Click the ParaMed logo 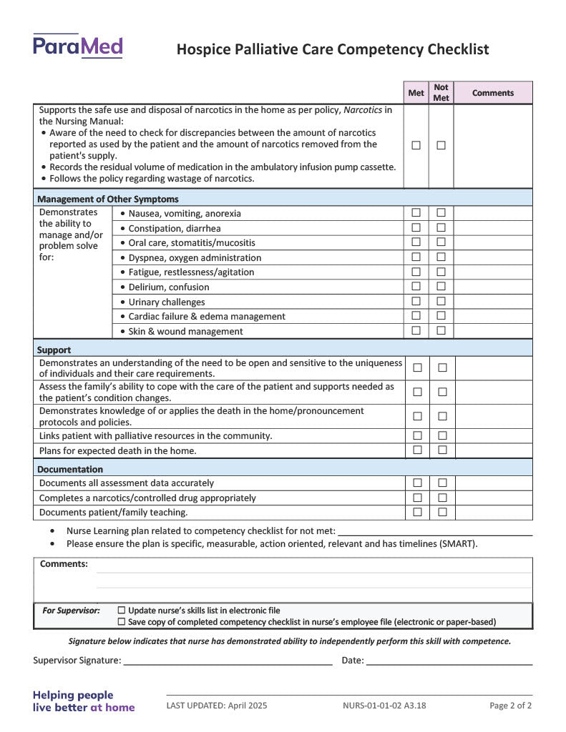click(x=77, y=46)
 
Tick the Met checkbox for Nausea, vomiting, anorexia click(x=416, y=212)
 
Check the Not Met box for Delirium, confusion click(x=441, y=286)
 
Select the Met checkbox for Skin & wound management click(x=416, y=330)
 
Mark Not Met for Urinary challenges click(x=441, y=301)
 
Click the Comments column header click(x=492, y=93)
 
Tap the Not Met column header click(x=441, y=93)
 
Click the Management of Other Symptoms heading click(x=108, y=199)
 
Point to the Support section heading click(x=54, y=350)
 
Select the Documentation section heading click(x=70, y=469)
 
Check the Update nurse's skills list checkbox click(x=121, y=610)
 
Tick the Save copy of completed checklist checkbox click(x=121, y=622)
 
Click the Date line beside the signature click(x=449, y=661)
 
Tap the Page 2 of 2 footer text click(x=510, y=706)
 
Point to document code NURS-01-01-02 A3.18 click(x=384, y=706)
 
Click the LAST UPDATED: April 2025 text click(x=217, y=706)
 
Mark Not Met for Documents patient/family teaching click(x=442, y=512)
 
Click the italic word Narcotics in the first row click(x=363, y=110)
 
